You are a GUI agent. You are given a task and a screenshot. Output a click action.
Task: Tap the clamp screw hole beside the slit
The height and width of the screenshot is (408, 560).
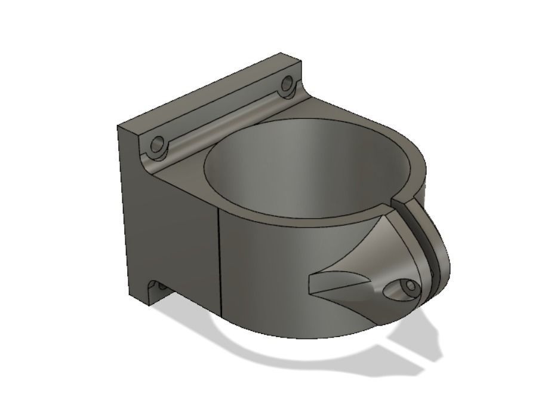point(410,288)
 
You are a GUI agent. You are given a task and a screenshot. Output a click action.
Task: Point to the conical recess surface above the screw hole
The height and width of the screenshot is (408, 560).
point(382,245)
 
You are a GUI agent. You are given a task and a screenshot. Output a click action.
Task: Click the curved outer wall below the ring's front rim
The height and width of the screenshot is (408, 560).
point(269,275)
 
